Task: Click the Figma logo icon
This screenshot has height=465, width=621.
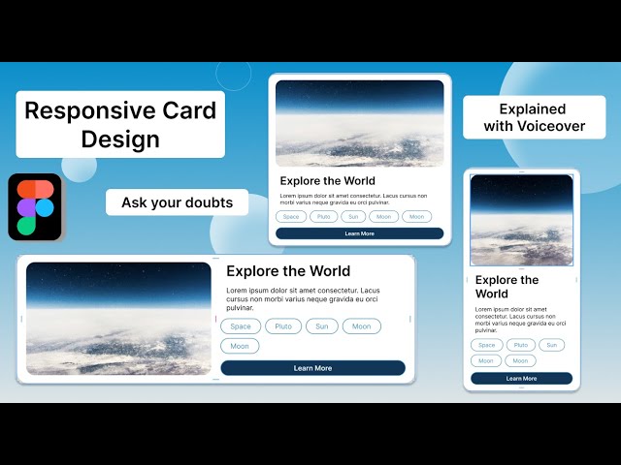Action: coord(36,207)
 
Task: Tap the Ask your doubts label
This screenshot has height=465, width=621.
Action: coord(177,202)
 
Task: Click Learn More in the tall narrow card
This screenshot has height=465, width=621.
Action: coord(521,378)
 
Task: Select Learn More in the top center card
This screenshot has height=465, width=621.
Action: coord(359,233)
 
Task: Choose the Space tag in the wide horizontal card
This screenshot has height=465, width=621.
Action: coord(240,326)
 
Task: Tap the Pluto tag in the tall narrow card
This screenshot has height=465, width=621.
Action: coord(521,345)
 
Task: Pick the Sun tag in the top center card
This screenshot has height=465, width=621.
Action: coord(354,217)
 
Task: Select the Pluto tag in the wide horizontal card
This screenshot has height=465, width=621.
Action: coord(283,326)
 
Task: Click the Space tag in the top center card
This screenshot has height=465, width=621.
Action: coord(291,217)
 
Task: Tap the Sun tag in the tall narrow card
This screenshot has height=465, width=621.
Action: coord(551,345)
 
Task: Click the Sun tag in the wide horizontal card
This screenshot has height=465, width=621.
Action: coord(321,326)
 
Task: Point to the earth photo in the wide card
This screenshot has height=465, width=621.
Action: coord(118,318)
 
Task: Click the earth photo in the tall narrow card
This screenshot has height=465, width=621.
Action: coord(521,220)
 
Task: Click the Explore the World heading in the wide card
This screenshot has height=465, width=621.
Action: coord(288,271)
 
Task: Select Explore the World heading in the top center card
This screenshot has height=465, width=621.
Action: coord(327,181)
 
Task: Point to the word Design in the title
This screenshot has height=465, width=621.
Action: coord(120,139)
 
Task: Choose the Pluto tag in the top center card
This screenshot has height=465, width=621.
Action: coord(323,217)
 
